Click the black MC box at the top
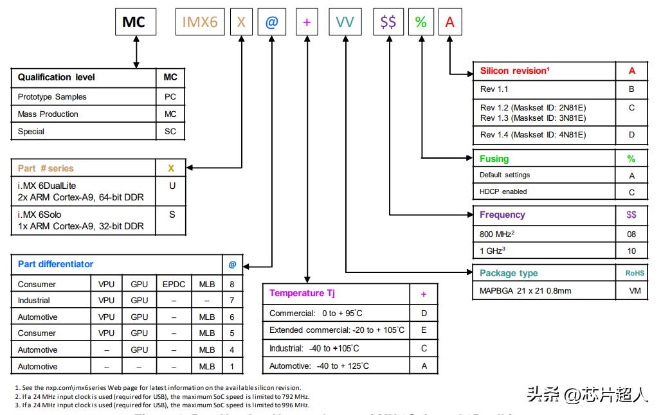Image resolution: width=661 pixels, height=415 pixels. [x=134, y=22]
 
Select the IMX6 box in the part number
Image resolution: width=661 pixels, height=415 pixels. [x=200, y=22]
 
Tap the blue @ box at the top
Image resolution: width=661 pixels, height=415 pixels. [x=271, y=22]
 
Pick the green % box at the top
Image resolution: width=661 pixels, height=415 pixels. [x=421, y=22]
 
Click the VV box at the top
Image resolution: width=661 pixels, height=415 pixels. [x=345, y=22]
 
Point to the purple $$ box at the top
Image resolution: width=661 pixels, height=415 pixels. [x=388, y=22]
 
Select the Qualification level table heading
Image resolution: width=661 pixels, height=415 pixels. [x=57, y=77]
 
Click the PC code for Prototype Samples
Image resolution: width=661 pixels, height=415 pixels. [x=170, y=97]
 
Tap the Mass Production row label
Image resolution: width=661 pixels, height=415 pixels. [x=48, y=114]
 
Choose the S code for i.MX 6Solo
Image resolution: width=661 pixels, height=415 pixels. [x=172, y=215]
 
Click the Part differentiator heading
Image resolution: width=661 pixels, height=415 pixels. [x=55, y=264]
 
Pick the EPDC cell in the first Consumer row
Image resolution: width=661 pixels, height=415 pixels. [x=174, y=284]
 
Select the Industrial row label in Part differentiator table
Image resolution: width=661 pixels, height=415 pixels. [x=34, y=301]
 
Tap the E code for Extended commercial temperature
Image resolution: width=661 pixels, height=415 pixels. [x=424, y=330]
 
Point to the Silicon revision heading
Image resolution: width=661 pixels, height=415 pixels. [x=514, y=71]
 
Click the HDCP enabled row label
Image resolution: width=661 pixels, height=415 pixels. [x=503, y=191]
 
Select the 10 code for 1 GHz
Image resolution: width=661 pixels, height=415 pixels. [x=631, y=251]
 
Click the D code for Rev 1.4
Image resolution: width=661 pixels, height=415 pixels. [x=631, y=135]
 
